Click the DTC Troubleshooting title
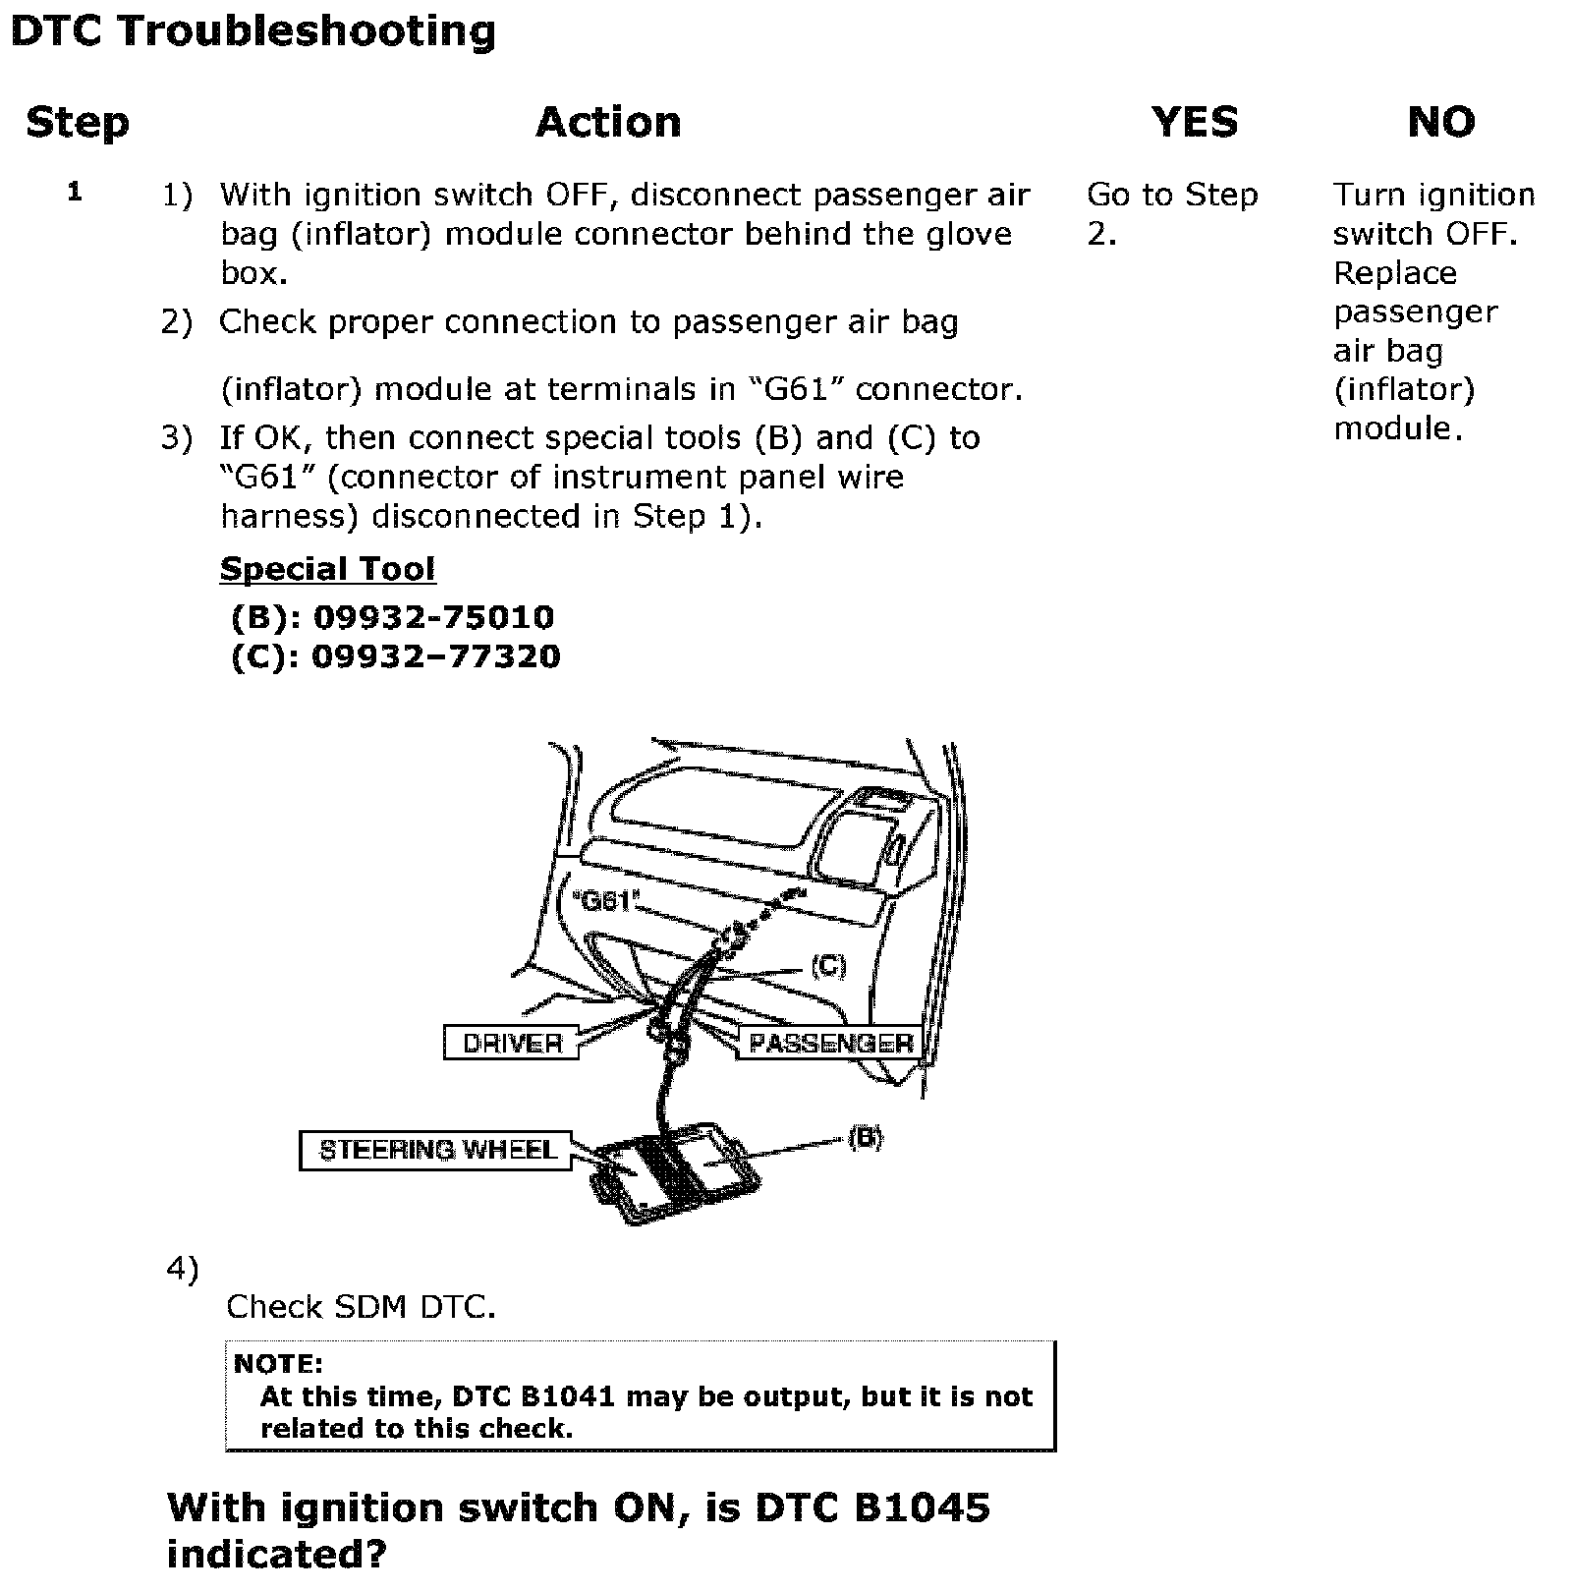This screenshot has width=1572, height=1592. click(253, 31)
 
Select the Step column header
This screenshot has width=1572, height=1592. click(78, 123)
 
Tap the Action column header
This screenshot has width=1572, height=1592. click(608, 123)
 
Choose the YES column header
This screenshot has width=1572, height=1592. click(1194, 123)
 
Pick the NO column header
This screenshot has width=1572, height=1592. click(1440, 123)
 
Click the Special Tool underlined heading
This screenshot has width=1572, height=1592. click(327, 569)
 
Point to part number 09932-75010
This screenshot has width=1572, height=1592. click(433, 617)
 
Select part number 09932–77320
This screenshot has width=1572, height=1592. click(435, 656)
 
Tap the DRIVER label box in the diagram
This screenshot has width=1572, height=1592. click(512, 1043)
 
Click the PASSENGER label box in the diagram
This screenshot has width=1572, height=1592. click(830, 1043)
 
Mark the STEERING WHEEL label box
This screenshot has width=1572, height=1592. click(437, 1150)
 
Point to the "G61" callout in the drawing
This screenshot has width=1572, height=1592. click(605, 900)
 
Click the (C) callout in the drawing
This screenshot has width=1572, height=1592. click(827, 967)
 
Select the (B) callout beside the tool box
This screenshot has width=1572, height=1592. click(864, 1138)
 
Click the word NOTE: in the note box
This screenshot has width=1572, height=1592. click(278, 1364)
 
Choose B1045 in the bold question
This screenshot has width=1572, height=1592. click(922, 1507)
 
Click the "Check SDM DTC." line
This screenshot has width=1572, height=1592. click(361, 1307)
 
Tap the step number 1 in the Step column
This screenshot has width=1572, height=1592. click(75, 193)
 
